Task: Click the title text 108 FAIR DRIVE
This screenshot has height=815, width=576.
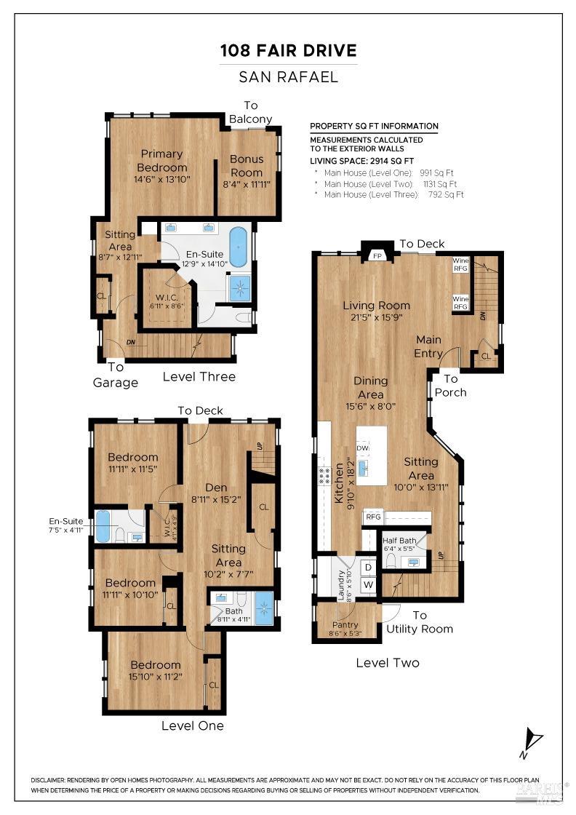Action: [x=289, y=51]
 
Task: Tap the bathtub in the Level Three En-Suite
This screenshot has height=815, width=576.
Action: [x=239, y=247]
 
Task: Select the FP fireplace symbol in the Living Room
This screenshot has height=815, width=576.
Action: [x=377, y=256]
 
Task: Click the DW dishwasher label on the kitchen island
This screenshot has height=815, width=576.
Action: [x=362, y=448]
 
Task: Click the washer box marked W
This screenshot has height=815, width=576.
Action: [x=368, y=584]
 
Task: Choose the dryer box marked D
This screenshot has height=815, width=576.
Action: [x=368, y=566]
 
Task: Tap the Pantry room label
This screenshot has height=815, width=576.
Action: [x=345, y=624]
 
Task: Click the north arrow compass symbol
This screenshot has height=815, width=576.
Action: [x=532, y=742]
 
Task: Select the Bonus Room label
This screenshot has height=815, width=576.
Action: [x=247, y=159]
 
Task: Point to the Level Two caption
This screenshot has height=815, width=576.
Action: [x=388, y=663]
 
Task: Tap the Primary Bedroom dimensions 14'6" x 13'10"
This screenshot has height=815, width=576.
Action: [x=161, y=179]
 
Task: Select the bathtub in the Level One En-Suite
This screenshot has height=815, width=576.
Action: [x=103, y=526]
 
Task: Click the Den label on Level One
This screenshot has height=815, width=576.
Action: [x=216, y=488]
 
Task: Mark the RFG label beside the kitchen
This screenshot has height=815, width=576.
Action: [x=373, y=517]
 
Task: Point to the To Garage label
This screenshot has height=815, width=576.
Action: [x=116, y=375]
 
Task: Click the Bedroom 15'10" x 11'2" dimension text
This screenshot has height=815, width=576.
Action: [x=155, y=676]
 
